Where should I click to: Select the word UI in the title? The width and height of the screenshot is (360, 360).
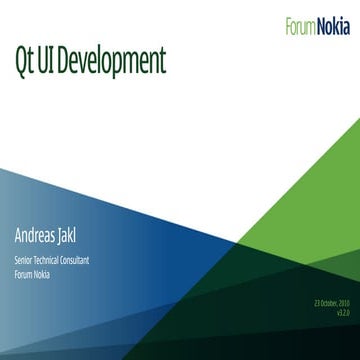point(49,61)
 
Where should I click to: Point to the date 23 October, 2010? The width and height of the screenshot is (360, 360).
point(330,303)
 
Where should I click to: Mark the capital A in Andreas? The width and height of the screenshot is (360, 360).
point(17,238)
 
